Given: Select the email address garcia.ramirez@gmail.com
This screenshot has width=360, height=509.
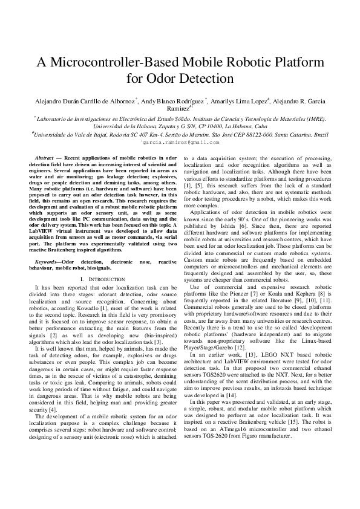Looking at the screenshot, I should (x=180, y=143).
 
